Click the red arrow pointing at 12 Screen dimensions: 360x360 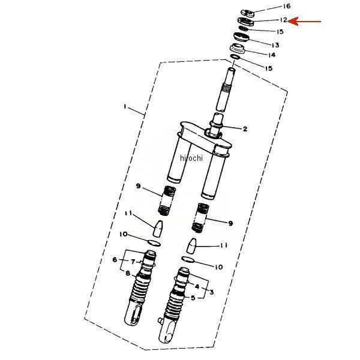click(304, 22)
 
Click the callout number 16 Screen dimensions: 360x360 click(286, 6)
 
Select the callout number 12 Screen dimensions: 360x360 click(283, 20)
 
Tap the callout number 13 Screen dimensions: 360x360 click(275, 45)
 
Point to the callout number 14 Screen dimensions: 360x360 click(271, 55)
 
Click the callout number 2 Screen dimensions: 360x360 click(245, 129)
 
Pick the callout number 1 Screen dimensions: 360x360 click(125, 107)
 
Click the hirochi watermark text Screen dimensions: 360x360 click(191, 158)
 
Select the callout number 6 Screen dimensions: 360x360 click(115, 260)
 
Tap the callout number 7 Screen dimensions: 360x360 click(133, 262)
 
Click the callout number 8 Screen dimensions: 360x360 click(128, 274)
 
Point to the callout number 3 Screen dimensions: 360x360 click(211, 292)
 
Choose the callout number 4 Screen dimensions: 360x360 click(197, 286)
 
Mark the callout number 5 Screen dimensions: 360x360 click(193, 298)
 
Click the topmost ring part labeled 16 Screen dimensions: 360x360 click(248, 13)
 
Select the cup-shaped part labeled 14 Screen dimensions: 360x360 click(238, 49)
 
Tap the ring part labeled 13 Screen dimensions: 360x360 click(241, 37)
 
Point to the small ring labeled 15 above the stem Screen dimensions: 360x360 click(235, 56)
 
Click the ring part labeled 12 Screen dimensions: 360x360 click(246, 22)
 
